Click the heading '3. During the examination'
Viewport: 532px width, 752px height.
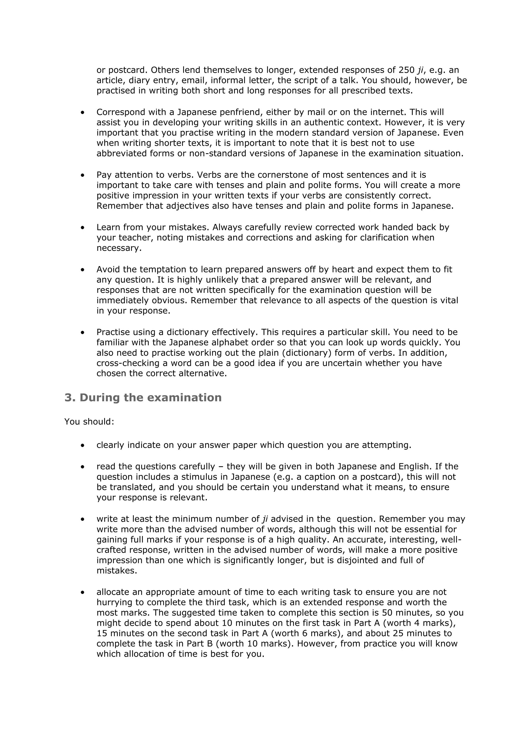[x=143, y=398]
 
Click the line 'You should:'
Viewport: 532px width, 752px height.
[x=89, y=421]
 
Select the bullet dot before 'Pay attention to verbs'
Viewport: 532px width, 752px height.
[x=82, y=176]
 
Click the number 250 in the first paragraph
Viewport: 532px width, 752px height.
[x=406, y=70]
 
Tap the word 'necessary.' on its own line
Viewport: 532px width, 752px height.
[x=119, y=248]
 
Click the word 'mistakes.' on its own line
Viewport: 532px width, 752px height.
[x=117, y=570]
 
